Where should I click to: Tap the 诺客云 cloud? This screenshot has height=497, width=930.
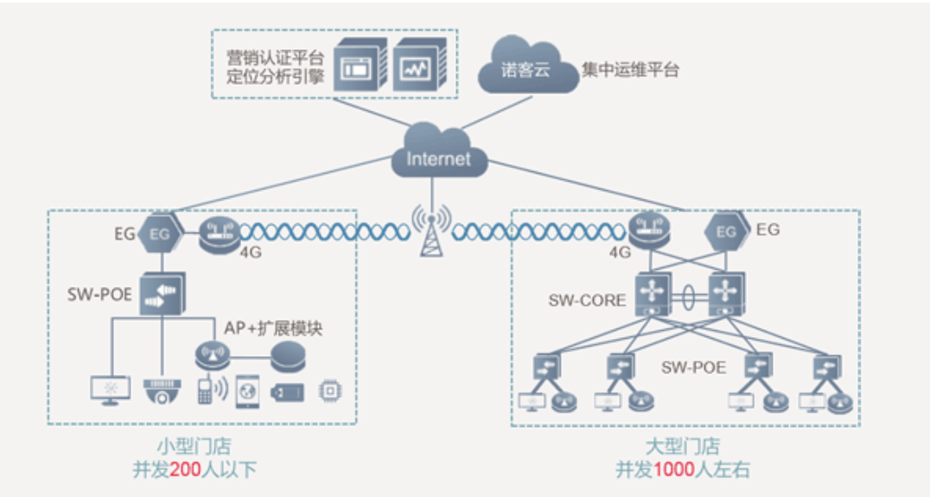pyautogui.click(x=526, y=69)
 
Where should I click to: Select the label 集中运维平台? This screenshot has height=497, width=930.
pyautogui.click(x=630, y=70)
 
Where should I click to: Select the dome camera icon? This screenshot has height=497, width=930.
pyautogui.click(x=162, y=391)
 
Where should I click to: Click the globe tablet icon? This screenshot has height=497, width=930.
pyautogui.click(x=247, y=391)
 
